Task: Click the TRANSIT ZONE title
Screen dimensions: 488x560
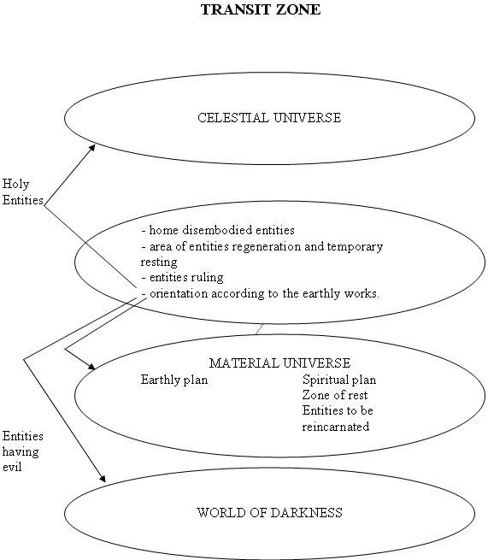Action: (261, 9)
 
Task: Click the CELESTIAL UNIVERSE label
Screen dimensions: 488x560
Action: (269, 118)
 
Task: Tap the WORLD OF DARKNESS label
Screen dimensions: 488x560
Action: (269, 513)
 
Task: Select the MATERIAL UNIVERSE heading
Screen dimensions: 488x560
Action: (279, 363)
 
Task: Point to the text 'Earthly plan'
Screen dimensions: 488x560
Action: (174, 380)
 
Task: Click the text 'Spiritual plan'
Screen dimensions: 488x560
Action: (339, 380)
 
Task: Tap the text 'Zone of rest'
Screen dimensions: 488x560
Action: (335, 395)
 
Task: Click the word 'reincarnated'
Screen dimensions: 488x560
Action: (336, 427)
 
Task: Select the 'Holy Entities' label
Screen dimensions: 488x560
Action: (22, 192)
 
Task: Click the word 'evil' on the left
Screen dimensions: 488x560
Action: (12, 467)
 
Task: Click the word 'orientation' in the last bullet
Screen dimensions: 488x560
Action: (179, 293)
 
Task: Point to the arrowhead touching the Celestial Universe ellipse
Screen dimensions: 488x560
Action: (92, 148)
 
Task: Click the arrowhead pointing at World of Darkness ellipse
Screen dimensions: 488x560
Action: (103, 479)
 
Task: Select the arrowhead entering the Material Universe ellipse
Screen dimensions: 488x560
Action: (92, 367)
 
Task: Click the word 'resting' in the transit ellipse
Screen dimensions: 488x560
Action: (159, 262)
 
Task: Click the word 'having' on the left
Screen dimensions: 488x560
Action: (21, 451)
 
